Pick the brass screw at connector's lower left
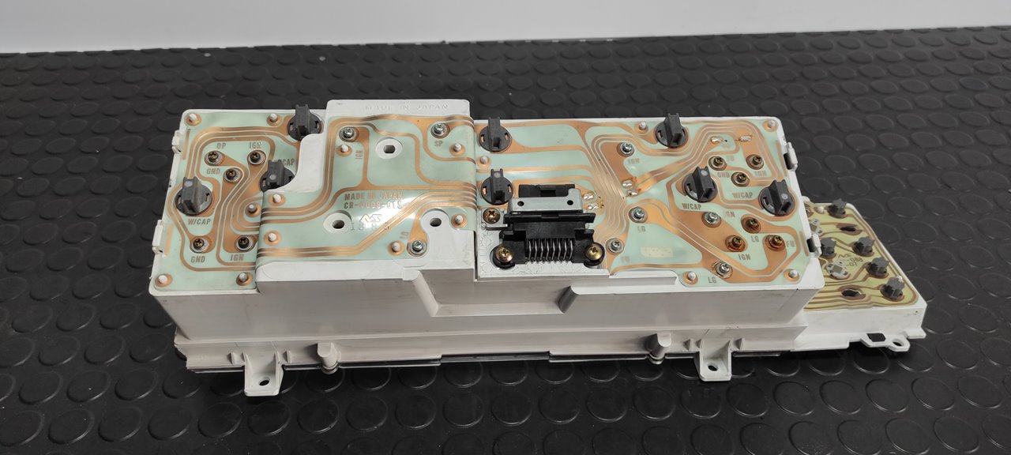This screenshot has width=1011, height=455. [500, 254]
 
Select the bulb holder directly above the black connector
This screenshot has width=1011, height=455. [497, 187]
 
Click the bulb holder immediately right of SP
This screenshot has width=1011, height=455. [494, 133]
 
